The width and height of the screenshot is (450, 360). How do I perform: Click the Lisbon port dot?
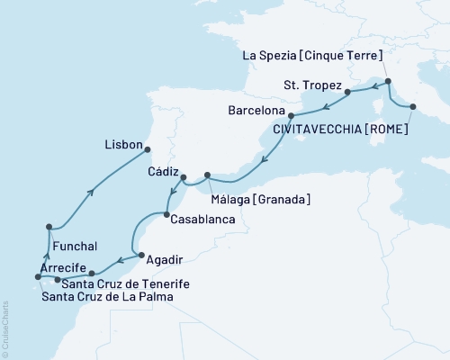pos(149,150)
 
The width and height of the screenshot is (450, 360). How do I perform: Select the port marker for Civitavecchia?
pos(412,107)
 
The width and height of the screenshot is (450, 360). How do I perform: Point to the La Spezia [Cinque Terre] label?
pos(316,55)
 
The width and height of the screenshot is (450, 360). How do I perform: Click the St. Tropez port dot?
pos(346,91)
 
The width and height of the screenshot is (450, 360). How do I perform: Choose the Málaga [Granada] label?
pos(262,198)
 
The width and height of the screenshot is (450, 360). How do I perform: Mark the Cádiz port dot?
pos(184,177)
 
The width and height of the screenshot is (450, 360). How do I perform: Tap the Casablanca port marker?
pos(166,213)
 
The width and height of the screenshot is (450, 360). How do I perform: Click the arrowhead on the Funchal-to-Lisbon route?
pos(91,190)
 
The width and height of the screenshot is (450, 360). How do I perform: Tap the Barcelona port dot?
pos(290,115)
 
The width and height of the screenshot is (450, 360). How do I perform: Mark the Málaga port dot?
pos(208,175)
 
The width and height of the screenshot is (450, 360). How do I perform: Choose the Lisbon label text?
pos(123,142)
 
